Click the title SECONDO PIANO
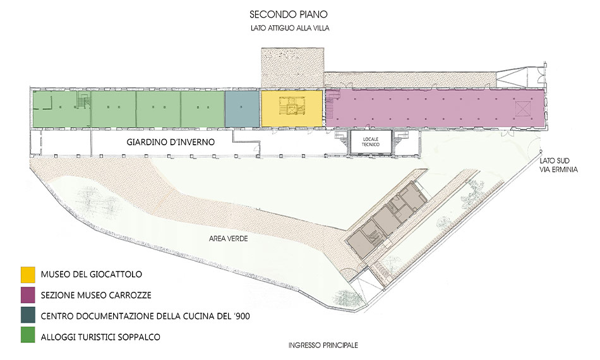point(289,14)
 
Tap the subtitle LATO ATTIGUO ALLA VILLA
point(290,28)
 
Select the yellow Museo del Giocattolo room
point(291,109)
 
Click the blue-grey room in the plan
point(242,109)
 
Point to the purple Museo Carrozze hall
point(435,109)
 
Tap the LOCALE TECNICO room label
point(370,142)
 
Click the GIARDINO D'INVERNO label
point(171,142)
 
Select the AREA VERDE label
point(228,239)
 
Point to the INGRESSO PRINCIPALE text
point(323,345)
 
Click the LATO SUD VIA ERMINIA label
point(558,165)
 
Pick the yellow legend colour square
point(28,275)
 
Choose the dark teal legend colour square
point(28,315)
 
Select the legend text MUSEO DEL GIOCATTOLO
point(92,274)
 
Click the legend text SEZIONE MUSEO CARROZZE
point(96,296)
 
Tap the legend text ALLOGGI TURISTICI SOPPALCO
point(100,337)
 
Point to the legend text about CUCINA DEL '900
point(145,316)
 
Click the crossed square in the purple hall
point(523,108)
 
